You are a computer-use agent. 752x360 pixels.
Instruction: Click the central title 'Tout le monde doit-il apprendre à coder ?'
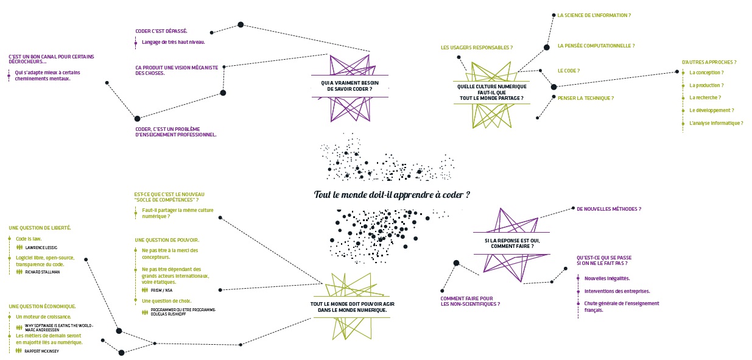pyautogui.click(x=392, y=195)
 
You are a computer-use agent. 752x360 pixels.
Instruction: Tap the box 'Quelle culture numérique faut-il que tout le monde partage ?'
pyautogui.click(x=491, y=92)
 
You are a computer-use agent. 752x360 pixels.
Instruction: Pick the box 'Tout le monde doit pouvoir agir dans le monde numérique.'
pyautogui.click(x=348, y=306)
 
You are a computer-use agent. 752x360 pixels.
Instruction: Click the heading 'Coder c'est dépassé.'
pyautogui.click(x=161, y=31)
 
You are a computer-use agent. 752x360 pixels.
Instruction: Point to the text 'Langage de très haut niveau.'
pyautogui.click(x=173, y=42)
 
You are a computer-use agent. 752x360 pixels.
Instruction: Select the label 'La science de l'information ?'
pyautogui.click(x=594, y=15)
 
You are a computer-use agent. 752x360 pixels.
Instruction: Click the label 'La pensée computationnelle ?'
pyautogui.click(x=596, y=46)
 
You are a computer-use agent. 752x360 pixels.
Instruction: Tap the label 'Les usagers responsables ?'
pyautogui.click(x=476, y=48)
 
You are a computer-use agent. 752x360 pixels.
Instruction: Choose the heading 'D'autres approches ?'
pyautogui.click(x=709, y=62)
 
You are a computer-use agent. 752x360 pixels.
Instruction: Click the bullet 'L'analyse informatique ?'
pyautogui.click(x=715, y=123)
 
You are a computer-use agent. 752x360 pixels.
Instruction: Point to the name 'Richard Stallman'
pyautogui.click(x=43, y=272)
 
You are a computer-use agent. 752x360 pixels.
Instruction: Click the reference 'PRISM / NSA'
pyautogui.click(x=161, y=291)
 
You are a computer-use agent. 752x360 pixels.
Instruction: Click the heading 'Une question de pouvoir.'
pyautogui.click(x=167, y=240)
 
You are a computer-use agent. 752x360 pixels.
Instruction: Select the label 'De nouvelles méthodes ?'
pyautogui.click(x=608, y=209)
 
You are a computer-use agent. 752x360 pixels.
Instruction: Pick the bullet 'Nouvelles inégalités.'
pyautogui.click(x=606, y=278)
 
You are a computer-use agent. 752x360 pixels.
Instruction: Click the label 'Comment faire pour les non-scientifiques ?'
pyautogui.click(x=470, y=301)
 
